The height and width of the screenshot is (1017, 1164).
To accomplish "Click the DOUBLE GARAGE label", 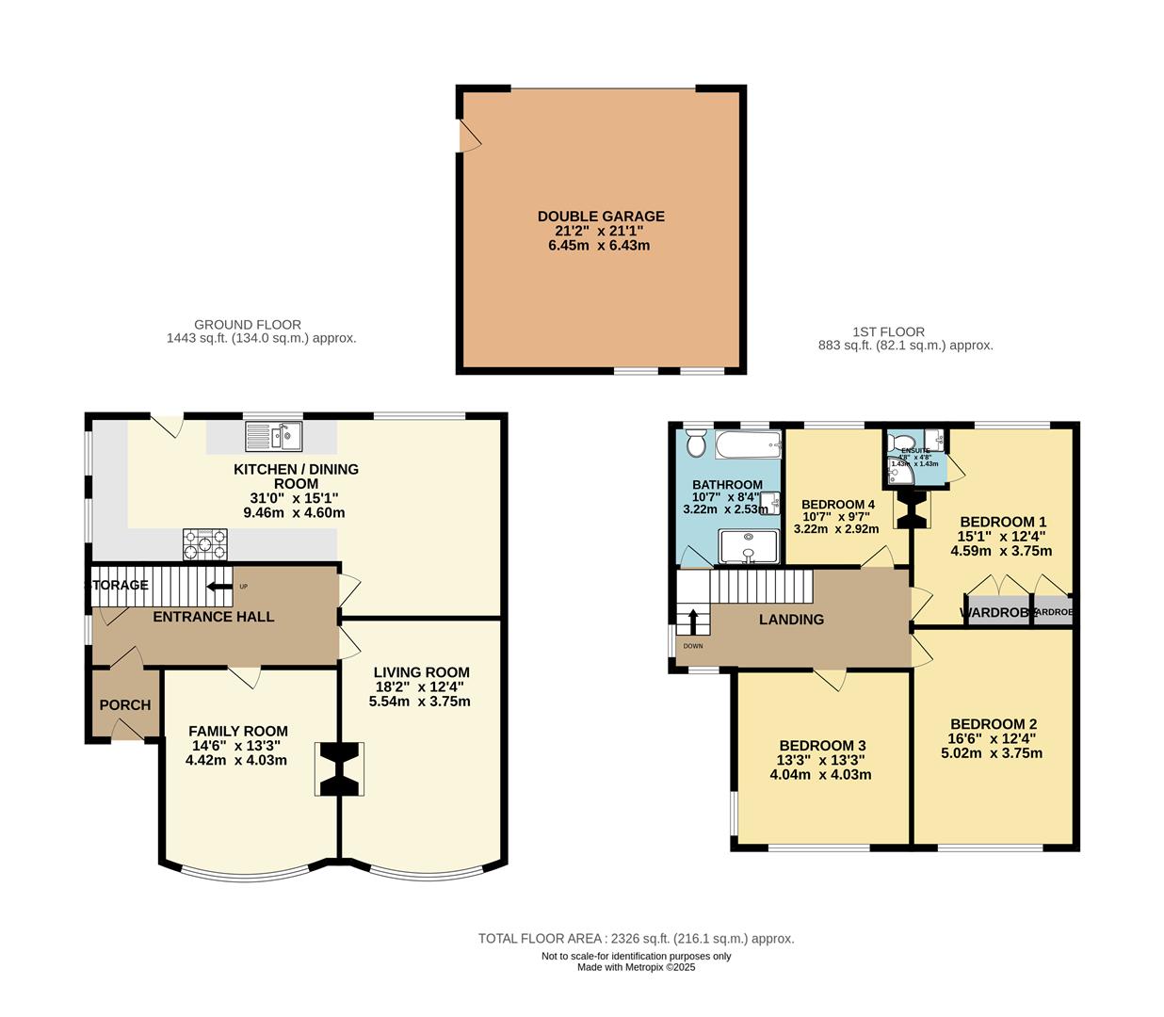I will pyautogui.click(x=601, y=216).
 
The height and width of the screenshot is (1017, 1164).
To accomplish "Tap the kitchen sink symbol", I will pyautogui.click(x=273, y=437).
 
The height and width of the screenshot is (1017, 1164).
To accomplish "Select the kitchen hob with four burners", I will pyautogui.click(x=205, y=543).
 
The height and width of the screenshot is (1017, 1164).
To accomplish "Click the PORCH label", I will pyautogui.click(x=125, y=704).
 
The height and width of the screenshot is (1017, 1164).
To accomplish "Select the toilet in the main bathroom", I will pyautogui.click(x=696, y=442).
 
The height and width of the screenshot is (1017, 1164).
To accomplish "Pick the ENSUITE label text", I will pyautogui.click(x=915, y=451).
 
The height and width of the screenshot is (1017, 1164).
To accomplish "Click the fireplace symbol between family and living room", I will pyautogui.click(x=339, y=769).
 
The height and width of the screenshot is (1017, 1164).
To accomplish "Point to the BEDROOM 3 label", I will pyautogui.click(x=822, y=745).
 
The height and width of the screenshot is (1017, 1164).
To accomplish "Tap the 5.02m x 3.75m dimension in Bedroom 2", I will pyautogui.click(x=992, y=753).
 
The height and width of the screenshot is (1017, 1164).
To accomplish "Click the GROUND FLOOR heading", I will pyautogui.click(x=248, y=324).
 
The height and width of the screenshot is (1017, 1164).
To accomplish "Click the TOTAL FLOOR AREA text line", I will pyautogui.click(x=636, y=938).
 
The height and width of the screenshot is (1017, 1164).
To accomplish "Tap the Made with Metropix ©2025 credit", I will pyautogui.click(x=636, y=967).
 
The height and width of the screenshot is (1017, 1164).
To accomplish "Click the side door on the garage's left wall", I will pyautogui.click(x=468, y=137).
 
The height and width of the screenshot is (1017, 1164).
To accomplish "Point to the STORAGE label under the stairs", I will pyautogui.click(x=119, y=585).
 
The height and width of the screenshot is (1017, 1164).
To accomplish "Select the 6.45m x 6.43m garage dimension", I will pyautogui.click(x=599, y=246).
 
